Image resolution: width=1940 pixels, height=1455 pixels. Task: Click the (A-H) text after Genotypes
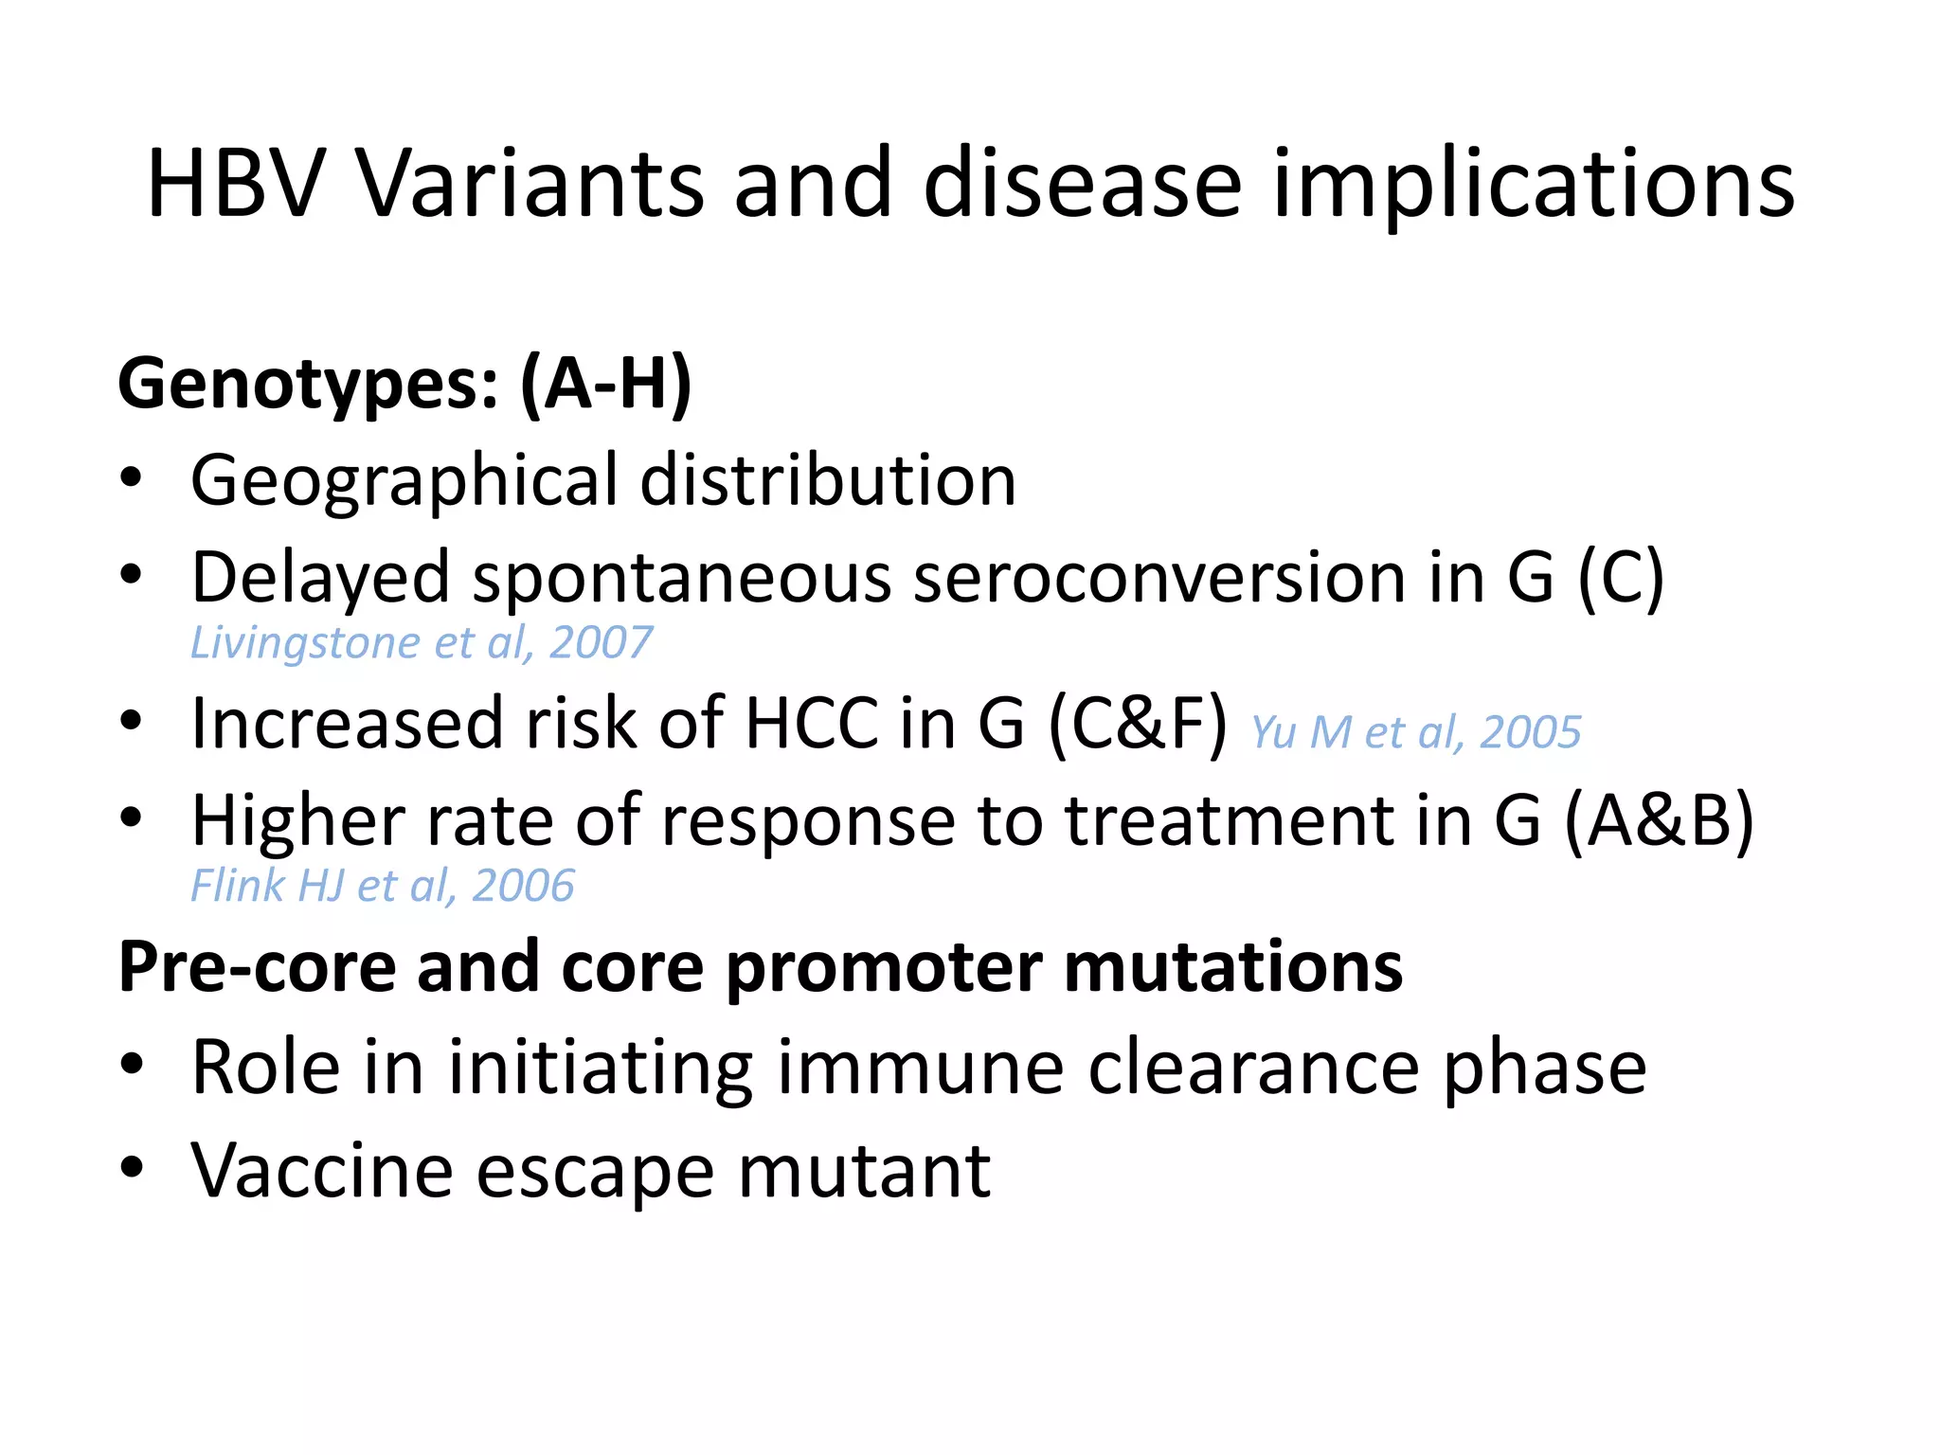tap(605, 384)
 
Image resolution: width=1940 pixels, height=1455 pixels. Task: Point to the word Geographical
tap(404, 481)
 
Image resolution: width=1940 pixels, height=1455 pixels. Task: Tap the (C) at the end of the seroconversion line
tap(1620, 578)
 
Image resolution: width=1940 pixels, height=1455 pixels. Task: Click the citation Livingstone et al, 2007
tap(421, 643)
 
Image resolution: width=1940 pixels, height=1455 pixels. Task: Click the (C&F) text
tap(1138, 725)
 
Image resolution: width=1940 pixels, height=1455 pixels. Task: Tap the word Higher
tap(298, 820)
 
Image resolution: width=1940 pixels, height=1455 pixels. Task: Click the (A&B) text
tap(1659, 820)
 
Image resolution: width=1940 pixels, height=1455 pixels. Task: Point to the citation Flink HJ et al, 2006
tap(382, 887)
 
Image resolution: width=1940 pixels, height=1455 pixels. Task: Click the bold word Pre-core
tap(257, 968)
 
